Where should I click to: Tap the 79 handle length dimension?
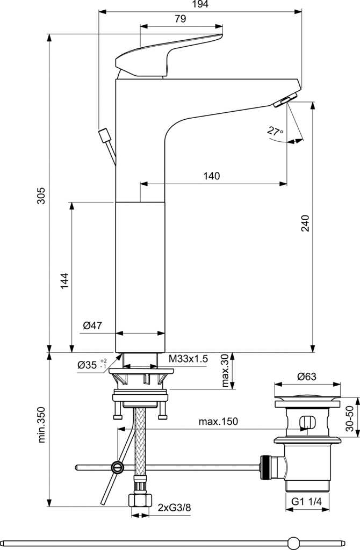[x=180, y=19]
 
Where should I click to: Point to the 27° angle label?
[x=275, y=132]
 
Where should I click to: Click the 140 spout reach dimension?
[x=212, y=176]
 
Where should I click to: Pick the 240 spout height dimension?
[x=305, y=223]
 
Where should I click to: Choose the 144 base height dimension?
[x=64, y=280]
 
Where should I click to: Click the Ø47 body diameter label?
[x=92, y=325]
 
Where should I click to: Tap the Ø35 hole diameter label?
[x=89, y=365]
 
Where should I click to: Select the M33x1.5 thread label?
[x=188, y=359]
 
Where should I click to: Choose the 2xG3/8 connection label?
[x=175, y=507]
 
